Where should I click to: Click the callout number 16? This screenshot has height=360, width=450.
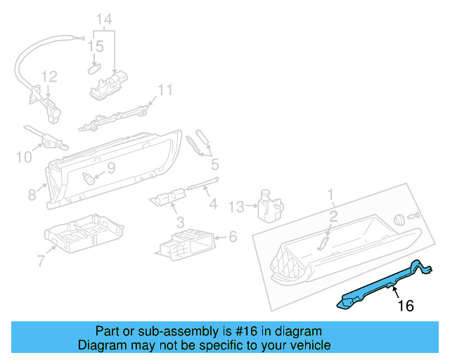click(x=406, y=306)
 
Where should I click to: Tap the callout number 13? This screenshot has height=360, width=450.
click(x=236, y=206)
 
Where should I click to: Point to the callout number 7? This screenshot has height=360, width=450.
click(x=41, y=262)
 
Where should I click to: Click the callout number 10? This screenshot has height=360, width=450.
click(x=24, y=156)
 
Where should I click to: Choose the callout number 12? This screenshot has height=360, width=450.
click(x=48, y=76)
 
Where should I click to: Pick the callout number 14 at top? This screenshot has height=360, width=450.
click(x=104, y=19)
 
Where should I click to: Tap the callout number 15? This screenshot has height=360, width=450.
click(x=96, y=46)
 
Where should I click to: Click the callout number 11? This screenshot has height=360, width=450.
click(x=165, y=90)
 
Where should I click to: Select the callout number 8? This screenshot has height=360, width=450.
click(x=31, y=193)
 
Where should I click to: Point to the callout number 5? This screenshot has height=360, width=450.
click(x=214, y=165)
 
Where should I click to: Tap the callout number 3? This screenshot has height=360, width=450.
click(x=181, y=222)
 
